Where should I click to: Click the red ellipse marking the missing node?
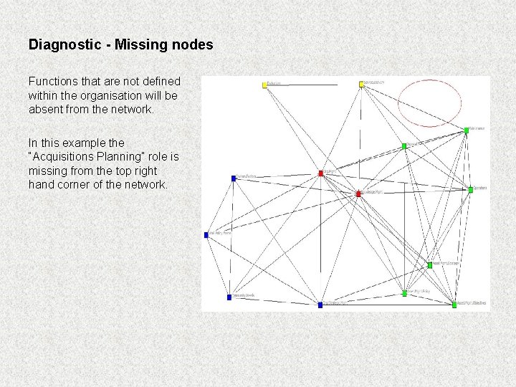(429, 103)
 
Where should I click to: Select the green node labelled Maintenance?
(467, 130)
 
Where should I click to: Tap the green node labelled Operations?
(471, 190)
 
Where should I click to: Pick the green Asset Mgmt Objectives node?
(454, 305)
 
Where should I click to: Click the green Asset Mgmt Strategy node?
(430, 265)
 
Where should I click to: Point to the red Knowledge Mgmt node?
(358, 193)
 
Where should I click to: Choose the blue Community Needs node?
(229, 297)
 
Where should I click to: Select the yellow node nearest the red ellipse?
(361, 84)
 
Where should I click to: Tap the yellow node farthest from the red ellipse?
(264, 85)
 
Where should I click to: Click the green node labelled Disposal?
(404, 146)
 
